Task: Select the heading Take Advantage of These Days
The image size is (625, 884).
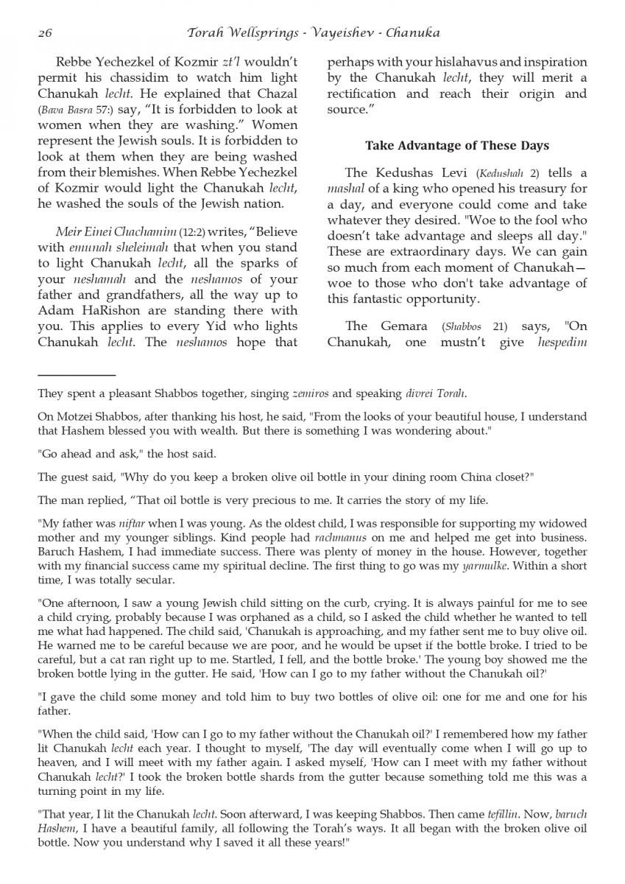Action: click(x=456, y=145)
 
